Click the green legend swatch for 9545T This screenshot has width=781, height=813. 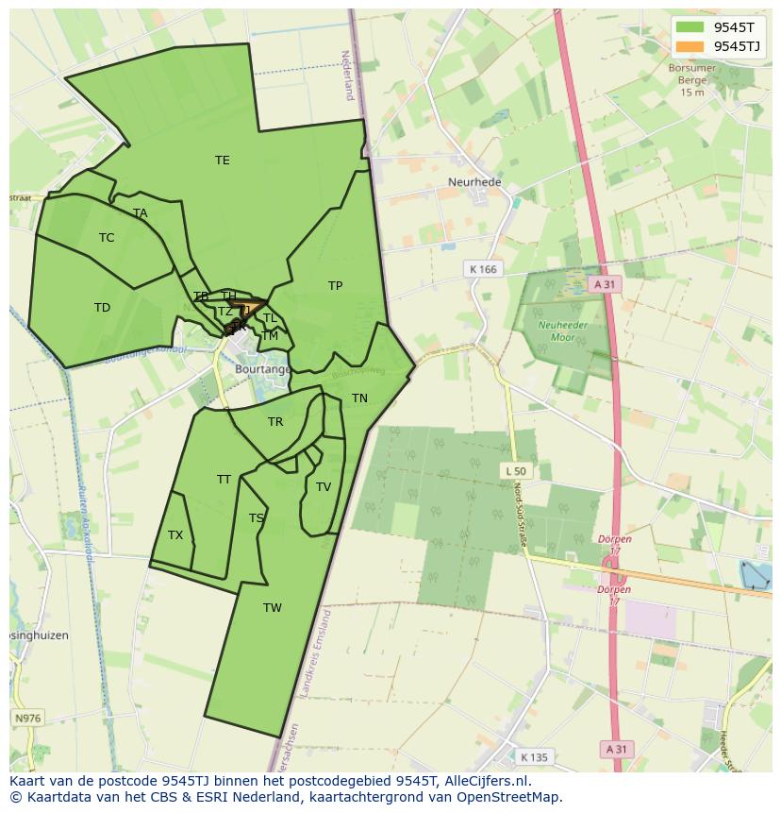pos(690,27)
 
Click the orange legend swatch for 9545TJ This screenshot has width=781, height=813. pos(690,46)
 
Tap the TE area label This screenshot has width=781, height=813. pos(223,161)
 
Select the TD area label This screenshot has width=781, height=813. pos(102,308)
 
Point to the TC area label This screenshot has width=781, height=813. pos(107,238)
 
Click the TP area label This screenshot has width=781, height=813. pos(335,286)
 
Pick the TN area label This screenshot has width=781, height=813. pos(359,398)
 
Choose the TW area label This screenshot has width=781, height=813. pos(273,608)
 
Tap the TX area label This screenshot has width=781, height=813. pos(175,535)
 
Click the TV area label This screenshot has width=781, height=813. pos(324,487)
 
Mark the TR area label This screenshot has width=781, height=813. pos(275,422)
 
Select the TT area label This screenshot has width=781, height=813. pos(224,480)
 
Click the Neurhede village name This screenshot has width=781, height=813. pos(474,182)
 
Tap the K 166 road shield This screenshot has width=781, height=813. pos(482,269)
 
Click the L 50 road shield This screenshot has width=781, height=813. pos(516,470)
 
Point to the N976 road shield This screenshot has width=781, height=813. pos(28,719)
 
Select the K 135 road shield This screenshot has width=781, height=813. pos(534,756)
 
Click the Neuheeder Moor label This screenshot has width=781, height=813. pos(557,330)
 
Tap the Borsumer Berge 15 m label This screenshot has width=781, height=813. pos(692,80)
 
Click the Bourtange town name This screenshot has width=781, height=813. pos(262,369)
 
